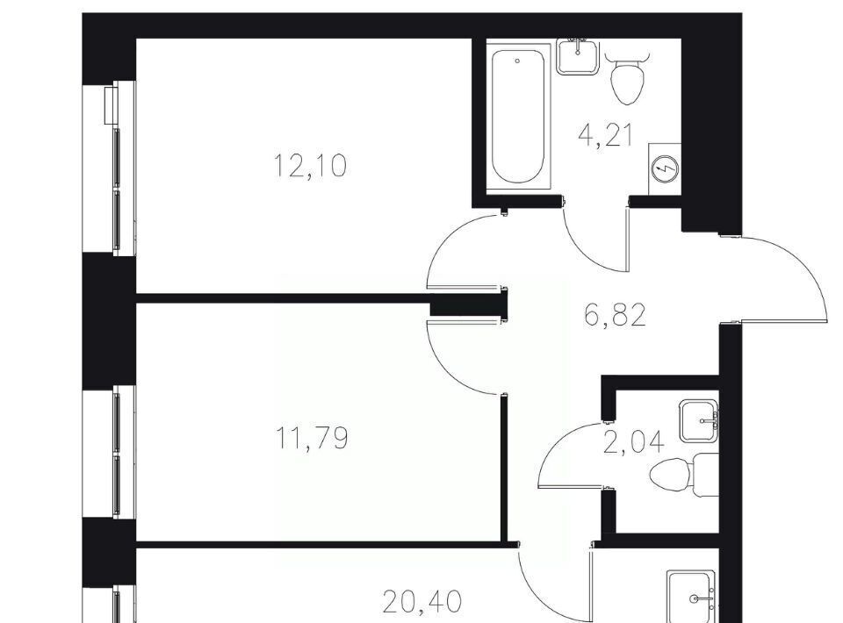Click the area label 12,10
pos(310,165)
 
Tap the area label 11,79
pos(312,437)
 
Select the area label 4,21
pos(605,135)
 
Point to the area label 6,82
pos(615,315)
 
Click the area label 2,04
pos(634,443)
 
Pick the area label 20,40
pos(422,602)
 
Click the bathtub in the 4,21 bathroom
pos(518,116)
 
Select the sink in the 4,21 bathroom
pos(578,56)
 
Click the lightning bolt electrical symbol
pos(665,169)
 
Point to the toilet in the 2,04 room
pos(684,476)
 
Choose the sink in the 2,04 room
pos(699,420)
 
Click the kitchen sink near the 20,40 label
pos(691,596)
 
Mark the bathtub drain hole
pos(518,61)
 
